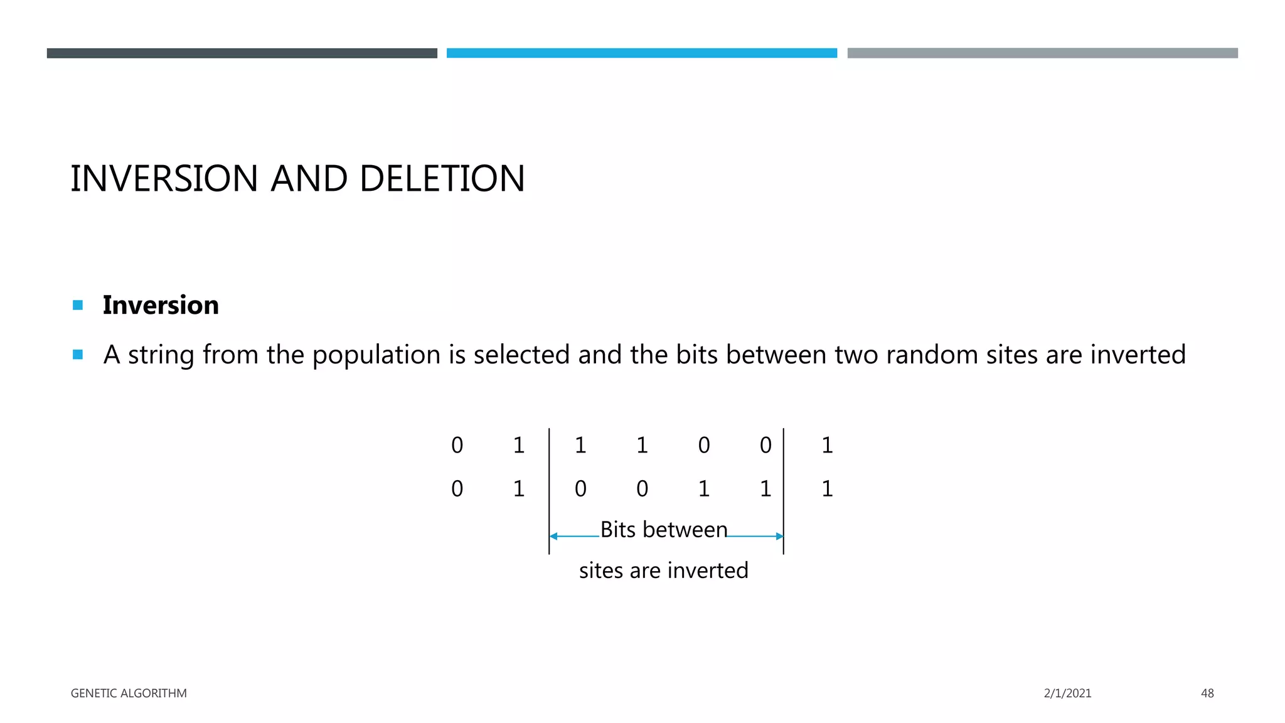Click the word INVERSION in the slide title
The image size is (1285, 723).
(x=164, y=179)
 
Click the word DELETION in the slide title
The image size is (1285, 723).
(x=442, y=179)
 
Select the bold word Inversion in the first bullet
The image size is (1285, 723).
(x=161, y=305)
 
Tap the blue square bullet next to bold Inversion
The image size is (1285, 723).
(x=78, y=306)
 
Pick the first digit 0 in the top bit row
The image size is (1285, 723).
(x=457, y=446)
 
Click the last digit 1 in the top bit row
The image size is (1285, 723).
(x=827, y=446)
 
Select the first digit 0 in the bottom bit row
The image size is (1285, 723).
(x=457, y=489)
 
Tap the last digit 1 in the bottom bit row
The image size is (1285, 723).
(x=827, y=489)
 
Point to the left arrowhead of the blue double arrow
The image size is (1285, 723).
(x=553, y=537)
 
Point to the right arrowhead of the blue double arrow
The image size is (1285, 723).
(x=779, y=537)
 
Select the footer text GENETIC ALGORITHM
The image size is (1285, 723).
(x=129, y=694)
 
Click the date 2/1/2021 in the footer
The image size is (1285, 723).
(x=1067, y=694)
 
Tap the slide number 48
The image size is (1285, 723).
(x=1207, y=694)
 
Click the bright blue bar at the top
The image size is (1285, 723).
(x=641, y=53)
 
